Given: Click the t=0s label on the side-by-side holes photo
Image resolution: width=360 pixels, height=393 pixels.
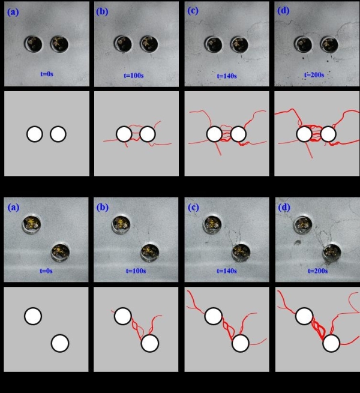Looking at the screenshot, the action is pos(47,74).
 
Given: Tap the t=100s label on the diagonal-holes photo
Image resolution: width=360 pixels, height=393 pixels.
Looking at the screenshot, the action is pos(136,271).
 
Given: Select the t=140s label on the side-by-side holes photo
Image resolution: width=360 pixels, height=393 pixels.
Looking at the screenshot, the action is pos(227,76).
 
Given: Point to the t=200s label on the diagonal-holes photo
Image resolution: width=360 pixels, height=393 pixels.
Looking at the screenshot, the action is pos(317,271).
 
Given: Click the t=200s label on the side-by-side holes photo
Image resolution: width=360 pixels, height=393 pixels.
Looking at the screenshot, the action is pos(314,75).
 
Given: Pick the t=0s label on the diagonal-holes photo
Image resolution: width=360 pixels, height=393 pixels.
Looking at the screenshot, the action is pos(46,271).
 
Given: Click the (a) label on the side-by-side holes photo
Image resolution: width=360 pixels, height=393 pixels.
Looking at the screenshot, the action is pos(13,12).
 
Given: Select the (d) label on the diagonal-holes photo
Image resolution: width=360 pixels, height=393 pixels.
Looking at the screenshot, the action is pos(284,207).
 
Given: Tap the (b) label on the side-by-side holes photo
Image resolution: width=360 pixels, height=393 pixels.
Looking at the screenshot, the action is pos(102,11).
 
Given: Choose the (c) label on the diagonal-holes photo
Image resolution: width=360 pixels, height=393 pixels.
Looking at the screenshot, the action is pos(193,207).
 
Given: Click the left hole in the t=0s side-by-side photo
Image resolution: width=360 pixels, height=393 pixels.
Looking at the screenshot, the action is pos(34,44).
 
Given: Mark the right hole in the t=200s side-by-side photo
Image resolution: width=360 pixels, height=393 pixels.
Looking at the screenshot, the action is pos(329,44).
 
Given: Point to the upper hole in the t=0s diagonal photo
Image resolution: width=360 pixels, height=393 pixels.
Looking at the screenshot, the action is pos(32,224).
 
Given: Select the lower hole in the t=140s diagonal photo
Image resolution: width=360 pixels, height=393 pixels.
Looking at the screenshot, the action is pos(241,252).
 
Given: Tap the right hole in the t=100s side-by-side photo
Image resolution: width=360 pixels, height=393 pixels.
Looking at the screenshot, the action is pos(149,44).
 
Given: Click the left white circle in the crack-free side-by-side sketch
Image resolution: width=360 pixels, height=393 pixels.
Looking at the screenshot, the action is pos(35,134).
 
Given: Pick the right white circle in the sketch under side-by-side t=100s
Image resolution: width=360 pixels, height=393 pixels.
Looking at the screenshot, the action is pos(148,134).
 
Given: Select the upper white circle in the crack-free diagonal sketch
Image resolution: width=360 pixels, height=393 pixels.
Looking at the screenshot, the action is pos(33,316).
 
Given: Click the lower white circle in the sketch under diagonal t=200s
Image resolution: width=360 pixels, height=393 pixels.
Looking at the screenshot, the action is pos(331,343).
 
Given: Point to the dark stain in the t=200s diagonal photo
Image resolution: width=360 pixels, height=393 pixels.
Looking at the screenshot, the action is pos(298,242).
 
